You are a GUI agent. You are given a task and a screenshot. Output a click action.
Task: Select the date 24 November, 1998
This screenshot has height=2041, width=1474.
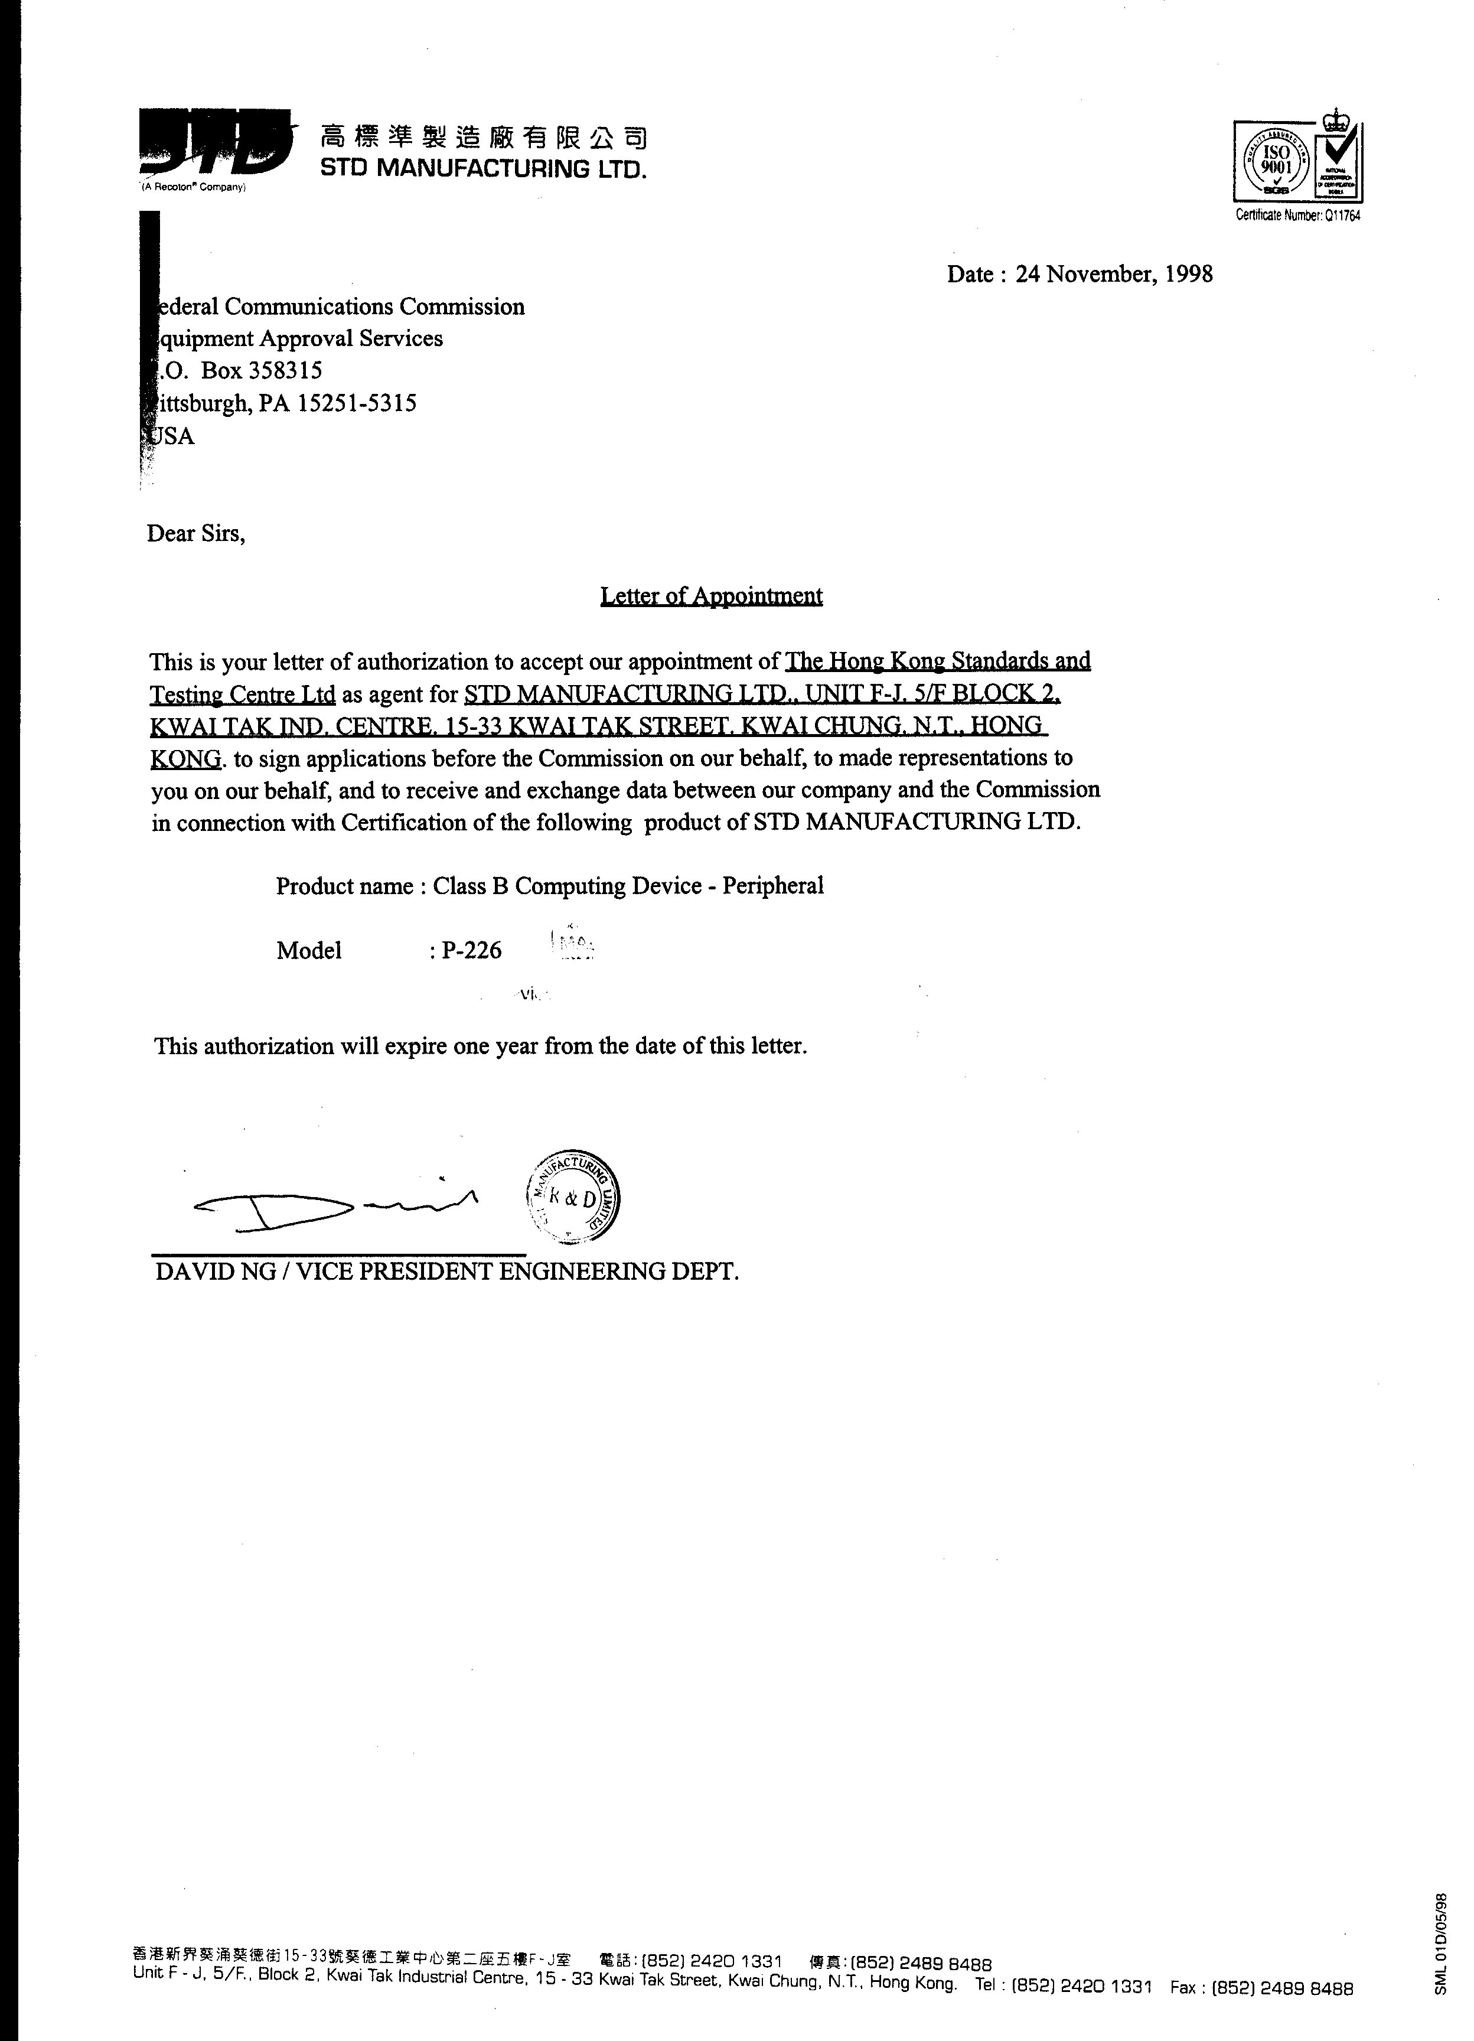pos(1113,273)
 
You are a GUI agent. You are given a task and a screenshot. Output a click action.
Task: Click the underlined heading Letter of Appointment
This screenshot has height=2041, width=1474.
pos(711,596)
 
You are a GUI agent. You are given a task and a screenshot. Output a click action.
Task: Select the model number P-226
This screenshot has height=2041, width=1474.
pos(471,950)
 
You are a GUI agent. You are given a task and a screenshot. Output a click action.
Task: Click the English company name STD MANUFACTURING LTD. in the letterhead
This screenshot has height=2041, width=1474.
pos(483,168)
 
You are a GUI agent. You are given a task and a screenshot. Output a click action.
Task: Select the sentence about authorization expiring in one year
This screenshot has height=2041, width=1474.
pos(481,1046)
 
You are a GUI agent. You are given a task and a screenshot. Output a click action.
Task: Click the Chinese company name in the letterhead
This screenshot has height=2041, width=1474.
pos(483,137)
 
